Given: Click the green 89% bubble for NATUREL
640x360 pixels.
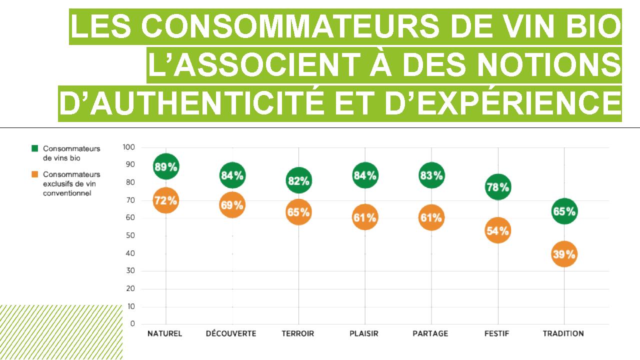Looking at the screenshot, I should point(165,167).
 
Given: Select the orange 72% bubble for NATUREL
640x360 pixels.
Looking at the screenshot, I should point(165,200).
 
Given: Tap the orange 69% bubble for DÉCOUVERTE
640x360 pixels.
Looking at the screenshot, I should point(232,205).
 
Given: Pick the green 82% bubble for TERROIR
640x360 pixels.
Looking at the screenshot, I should point(298,181).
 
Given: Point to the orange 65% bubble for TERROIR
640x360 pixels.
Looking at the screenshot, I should point(298,212).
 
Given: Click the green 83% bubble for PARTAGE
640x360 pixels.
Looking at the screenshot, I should point(431,175).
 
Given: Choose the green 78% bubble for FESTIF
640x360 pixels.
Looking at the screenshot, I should point(497,187).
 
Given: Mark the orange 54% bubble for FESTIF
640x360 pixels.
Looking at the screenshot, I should point(497,230).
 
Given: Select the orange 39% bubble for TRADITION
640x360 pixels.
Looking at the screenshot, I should point(564,254).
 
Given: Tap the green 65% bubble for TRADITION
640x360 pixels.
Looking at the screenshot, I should point(564,211).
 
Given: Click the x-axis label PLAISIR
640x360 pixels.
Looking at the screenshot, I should point(364,333).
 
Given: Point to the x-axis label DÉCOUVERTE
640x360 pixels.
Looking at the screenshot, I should point(231,333).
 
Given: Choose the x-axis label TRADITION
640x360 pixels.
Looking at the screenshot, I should point(563,333).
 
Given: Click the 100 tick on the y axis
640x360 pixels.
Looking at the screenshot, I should point(128,147).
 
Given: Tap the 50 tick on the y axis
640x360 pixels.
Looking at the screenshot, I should point(130,235).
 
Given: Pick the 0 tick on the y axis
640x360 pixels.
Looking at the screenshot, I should point(132,324).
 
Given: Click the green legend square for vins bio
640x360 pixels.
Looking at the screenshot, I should point(34,148).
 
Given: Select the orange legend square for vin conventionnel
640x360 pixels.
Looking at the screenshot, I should point(34,174).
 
